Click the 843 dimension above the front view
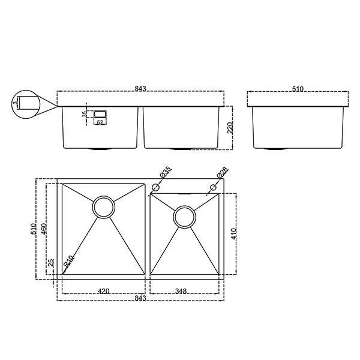tap(140, 89)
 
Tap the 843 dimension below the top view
tap(140, 298)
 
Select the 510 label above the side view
tap(298, 89)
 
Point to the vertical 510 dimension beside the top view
tap(34, 229)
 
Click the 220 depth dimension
tap(230, 128)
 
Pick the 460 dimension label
tap(44, 229)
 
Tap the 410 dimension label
tap(233, 234)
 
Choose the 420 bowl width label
tap(104, 291)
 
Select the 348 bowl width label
tap(181, 291)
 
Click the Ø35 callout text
tap(166, 172)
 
